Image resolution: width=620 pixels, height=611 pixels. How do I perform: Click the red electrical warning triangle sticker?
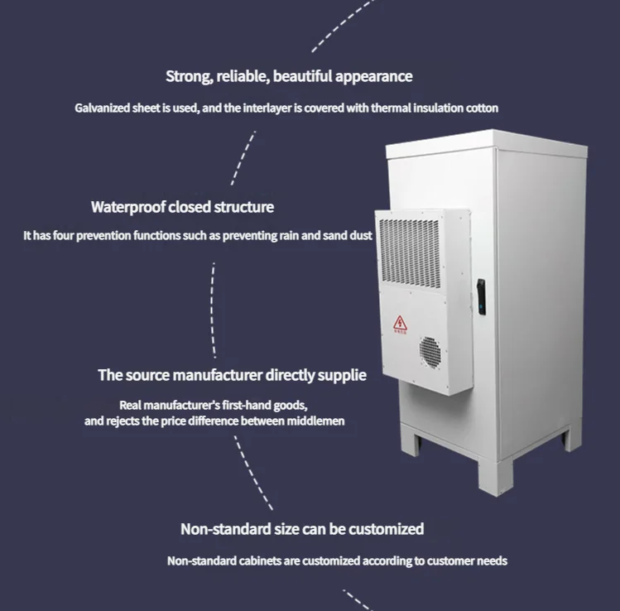click(400, 323)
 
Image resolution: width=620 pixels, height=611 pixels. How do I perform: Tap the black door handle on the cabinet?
click(481, 296)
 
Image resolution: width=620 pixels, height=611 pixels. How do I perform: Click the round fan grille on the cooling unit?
click(430, 353)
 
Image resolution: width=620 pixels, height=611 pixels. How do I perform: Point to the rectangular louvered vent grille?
click(410, 253)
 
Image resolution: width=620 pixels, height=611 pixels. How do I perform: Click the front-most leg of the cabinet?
click(495, 478)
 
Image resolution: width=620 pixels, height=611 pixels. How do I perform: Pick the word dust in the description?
click(361, 236)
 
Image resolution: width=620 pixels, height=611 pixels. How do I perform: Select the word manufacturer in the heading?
click(218, 375)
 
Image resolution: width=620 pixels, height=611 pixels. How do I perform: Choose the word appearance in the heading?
click(373, 77)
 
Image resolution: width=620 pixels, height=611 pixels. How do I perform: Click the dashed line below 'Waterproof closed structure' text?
click(213, 310)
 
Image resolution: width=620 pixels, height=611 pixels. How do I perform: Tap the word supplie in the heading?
click(342, 376)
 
